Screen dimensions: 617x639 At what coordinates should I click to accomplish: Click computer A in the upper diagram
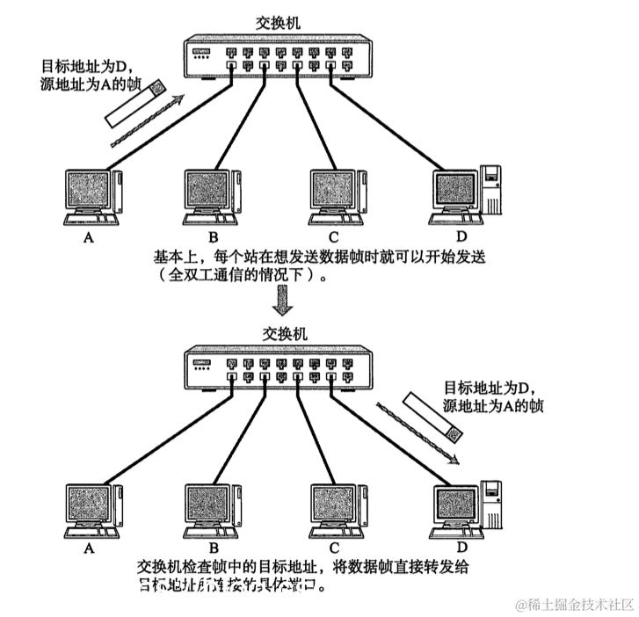(92, 194)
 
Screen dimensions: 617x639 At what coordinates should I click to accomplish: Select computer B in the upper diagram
(212, 192)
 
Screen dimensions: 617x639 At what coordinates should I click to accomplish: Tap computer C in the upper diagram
(338, 192)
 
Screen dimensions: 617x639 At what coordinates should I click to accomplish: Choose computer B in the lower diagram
(212, 511)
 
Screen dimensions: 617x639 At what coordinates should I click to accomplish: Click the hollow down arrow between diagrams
(280, 302)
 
